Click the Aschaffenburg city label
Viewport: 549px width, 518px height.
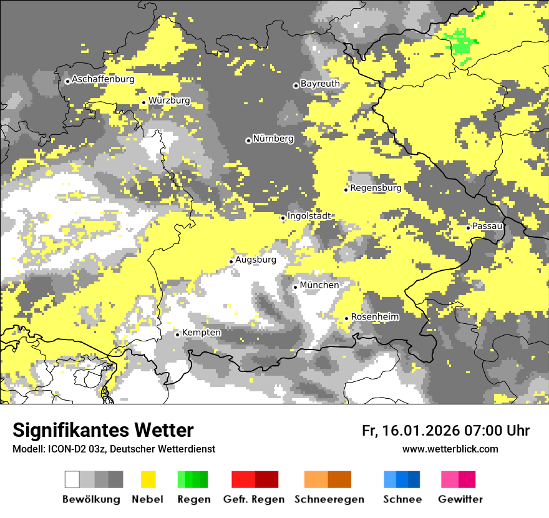103,80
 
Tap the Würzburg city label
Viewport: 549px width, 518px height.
169,100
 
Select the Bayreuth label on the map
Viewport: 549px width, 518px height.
320,84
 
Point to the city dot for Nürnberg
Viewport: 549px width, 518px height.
248,140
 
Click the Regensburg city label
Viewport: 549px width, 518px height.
376,188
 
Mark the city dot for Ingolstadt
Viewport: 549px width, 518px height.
283,218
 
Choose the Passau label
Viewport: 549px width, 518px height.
487,226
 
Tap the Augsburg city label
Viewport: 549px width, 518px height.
256,260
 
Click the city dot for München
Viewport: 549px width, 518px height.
295,287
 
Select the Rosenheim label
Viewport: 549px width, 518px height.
374,317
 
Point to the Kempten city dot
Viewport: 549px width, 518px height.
177,335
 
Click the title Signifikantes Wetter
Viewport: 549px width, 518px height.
103,431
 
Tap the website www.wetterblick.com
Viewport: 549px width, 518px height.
450,449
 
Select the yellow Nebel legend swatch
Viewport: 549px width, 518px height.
148,479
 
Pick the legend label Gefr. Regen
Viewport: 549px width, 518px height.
254,499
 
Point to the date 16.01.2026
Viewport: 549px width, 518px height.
420,431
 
